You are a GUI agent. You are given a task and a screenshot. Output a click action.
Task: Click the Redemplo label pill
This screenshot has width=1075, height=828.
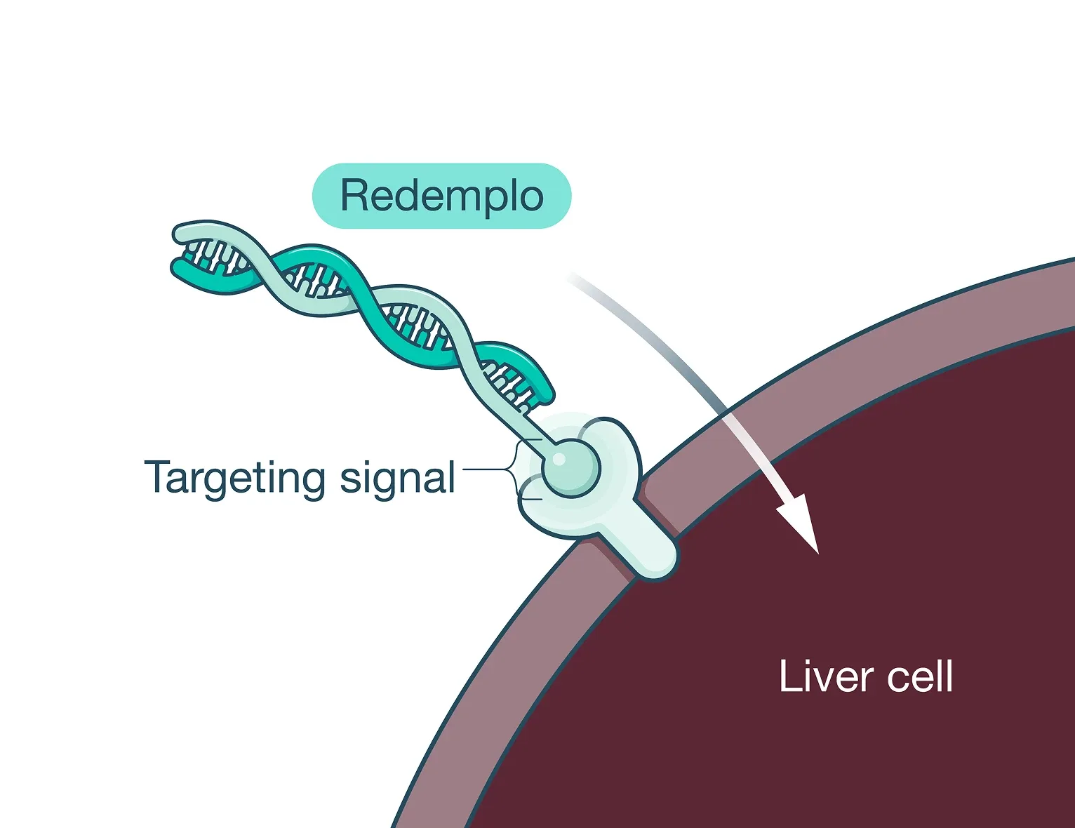point(441,196)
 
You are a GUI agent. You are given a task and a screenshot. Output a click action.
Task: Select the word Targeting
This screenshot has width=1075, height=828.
point(235,479)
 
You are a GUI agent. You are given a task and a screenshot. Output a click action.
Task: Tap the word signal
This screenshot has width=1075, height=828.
point(397,479)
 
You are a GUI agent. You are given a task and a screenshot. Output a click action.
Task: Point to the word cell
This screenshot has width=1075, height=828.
point(920,677)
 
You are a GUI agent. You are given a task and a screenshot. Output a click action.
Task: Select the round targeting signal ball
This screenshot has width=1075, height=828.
point(570,466)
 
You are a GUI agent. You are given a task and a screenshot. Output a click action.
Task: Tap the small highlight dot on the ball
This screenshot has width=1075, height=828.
point(559,459)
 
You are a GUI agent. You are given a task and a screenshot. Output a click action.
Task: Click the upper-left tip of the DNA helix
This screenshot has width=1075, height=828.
point(181,234)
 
